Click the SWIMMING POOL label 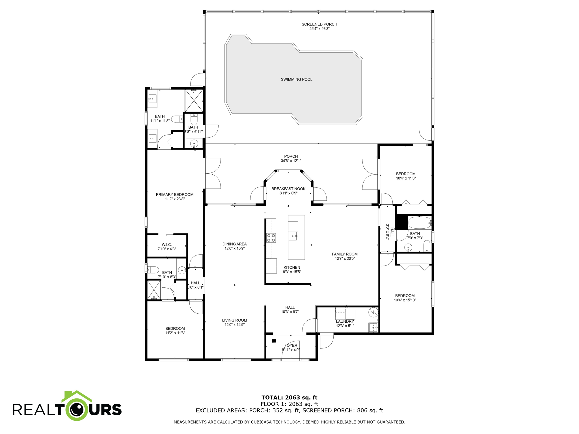[x=296, y=79]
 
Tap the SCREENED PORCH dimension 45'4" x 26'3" [x=319, y=29]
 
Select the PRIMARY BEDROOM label [x=174, y=194]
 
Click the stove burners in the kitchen [x=271, y=238]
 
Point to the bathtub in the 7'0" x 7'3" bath [x=420, y=223]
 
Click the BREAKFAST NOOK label [x=288, y=189]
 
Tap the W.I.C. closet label [x=167, y=244]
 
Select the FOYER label [x=291, y=345]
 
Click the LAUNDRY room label [x=345, y=322]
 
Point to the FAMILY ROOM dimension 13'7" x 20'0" [x=345, y=259]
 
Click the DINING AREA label [x=234, y=244]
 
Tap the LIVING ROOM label [x=234, y=320]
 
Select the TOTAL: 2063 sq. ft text [x=289, y=398]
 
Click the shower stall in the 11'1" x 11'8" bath [x=194, y=101]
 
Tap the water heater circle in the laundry [x=373, y=312]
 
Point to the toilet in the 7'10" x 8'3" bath [x=153, y=270]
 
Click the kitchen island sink [x=293, y=236]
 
